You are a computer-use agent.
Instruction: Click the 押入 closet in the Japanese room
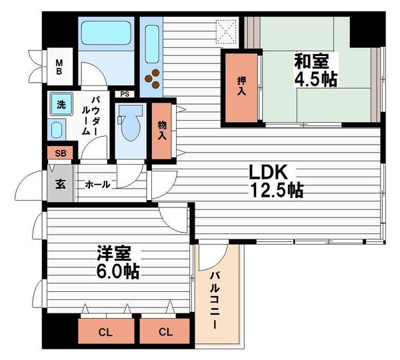[x=241, y=87]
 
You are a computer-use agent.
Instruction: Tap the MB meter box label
[x=59, y=67]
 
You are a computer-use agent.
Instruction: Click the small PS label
[x=125, y=94]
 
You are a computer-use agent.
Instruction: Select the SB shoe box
[x=60, y=153]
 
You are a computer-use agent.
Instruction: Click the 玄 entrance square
[x=59, y=184]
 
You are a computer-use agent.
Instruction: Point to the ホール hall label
[x=97, y=184]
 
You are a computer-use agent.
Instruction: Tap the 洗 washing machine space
[x=60, y=105]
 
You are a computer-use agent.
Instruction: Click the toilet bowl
[x=127, y=124]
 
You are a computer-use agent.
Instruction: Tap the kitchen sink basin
[x=151, y=42]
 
